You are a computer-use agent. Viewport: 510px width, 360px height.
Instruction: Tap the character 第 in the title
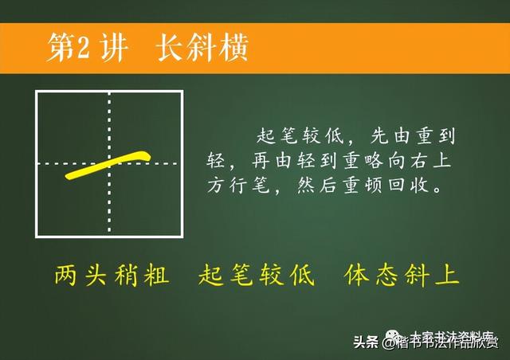[x=59, y=49]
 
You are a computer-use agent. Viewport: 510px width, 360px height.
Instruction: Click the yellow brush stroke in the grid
[x=108, y=164]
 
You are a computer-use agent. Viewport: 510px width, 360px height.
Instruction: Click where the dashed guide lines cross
[x=109, y=164]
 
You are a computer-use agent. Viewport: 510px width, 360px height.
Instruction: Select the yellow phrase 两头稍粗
[x=111, y=276]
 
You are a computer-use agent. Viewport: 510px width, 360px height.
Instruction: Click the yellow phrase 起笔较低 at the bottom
[x=256, y=276]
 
